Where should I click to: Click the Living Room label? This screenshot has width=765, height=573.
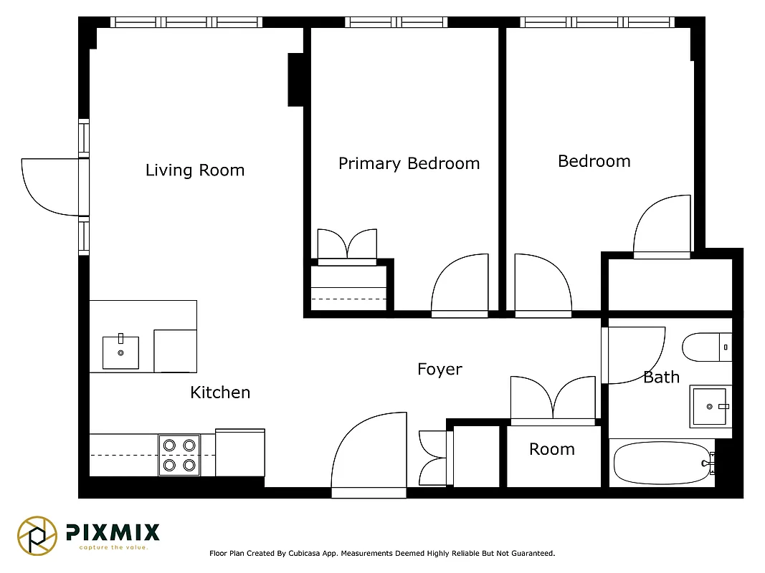click(195, 170)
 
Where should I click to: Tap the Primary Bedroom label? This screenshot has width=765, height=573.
click(409, 163)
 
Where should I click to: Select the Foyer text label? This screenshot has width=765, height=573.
click(439, 369)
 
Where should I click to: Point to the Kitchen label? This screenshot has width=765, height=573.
click(220, 393)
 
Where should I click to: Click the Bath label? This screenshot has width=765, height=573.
click(660, 377)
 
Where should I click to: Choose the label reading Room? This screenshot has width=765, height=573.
click(551, 449)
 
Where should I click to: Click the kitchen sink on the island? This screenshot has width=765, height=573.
click(120, 352)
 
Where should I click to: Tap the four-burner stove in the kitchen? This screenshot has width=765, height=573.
click(179, 455)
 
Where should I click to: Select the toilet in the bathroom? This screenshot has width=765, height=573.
click(705, 347)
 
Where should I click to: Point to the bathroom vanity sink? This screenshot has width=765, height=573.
click(709, 407)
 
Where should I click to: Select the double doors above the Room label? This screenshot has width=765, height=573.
click(553, 399)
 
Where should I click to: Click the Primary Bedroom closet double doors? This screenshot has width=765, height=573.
click(347, 245)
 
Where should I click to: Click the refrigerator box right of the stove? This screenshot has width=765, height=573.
click(240, 452)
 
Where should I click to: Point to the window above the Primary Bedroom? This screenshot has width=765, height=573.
click(396, 22)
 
